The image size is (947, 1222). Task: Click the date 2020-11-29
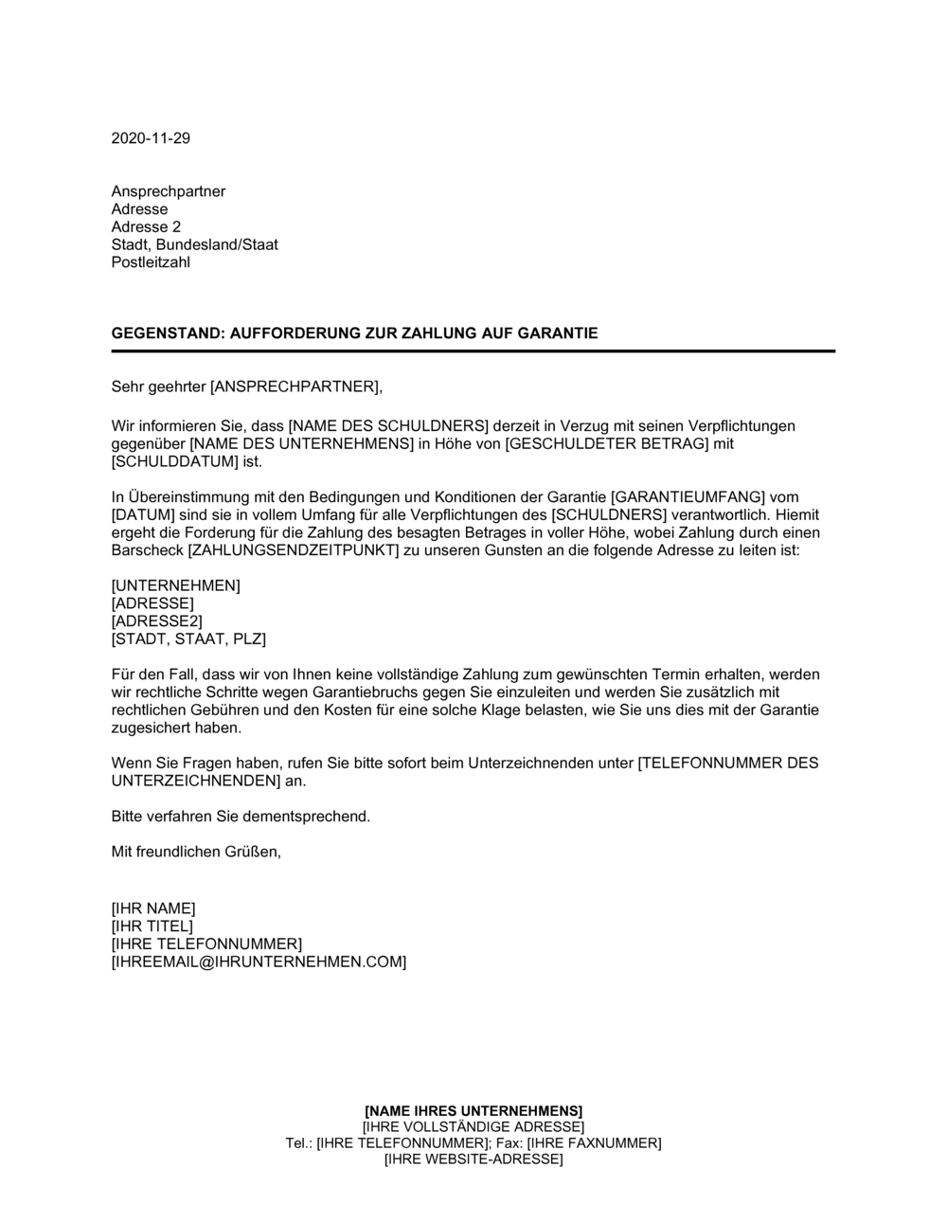click(x=151, y=138)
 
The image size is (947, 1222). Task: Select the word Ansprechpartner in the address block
click(x=169, y=191)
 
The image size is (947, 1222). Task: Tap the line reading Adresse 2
click(x=146, y=227)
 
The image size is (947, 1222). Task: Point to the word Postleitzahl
click(x=151, y=262)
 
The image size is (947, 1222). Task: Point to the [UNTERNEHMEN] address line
click(x=175, y=585)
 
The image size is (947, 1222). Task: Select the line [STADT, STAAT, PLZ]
click(x=188, y=639)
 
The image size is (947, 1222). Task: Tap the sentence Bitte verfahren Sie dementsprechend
click(x=241, y=816)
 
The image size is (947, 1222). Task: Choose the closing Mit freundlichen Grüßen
click(x=196, y=852)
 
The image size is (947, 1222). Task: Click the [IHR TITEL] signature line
click(x=152, y=925)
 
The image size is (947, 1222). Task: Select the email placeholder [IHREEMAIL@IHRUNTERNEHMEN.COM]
click(x=259, y=961)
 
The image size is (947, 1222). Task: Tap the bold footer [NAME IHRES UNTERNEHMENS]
click(x=473, y=1110)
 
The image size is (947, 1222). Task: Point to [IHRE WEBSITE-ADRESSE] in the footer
click(x=473, y=1159)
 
